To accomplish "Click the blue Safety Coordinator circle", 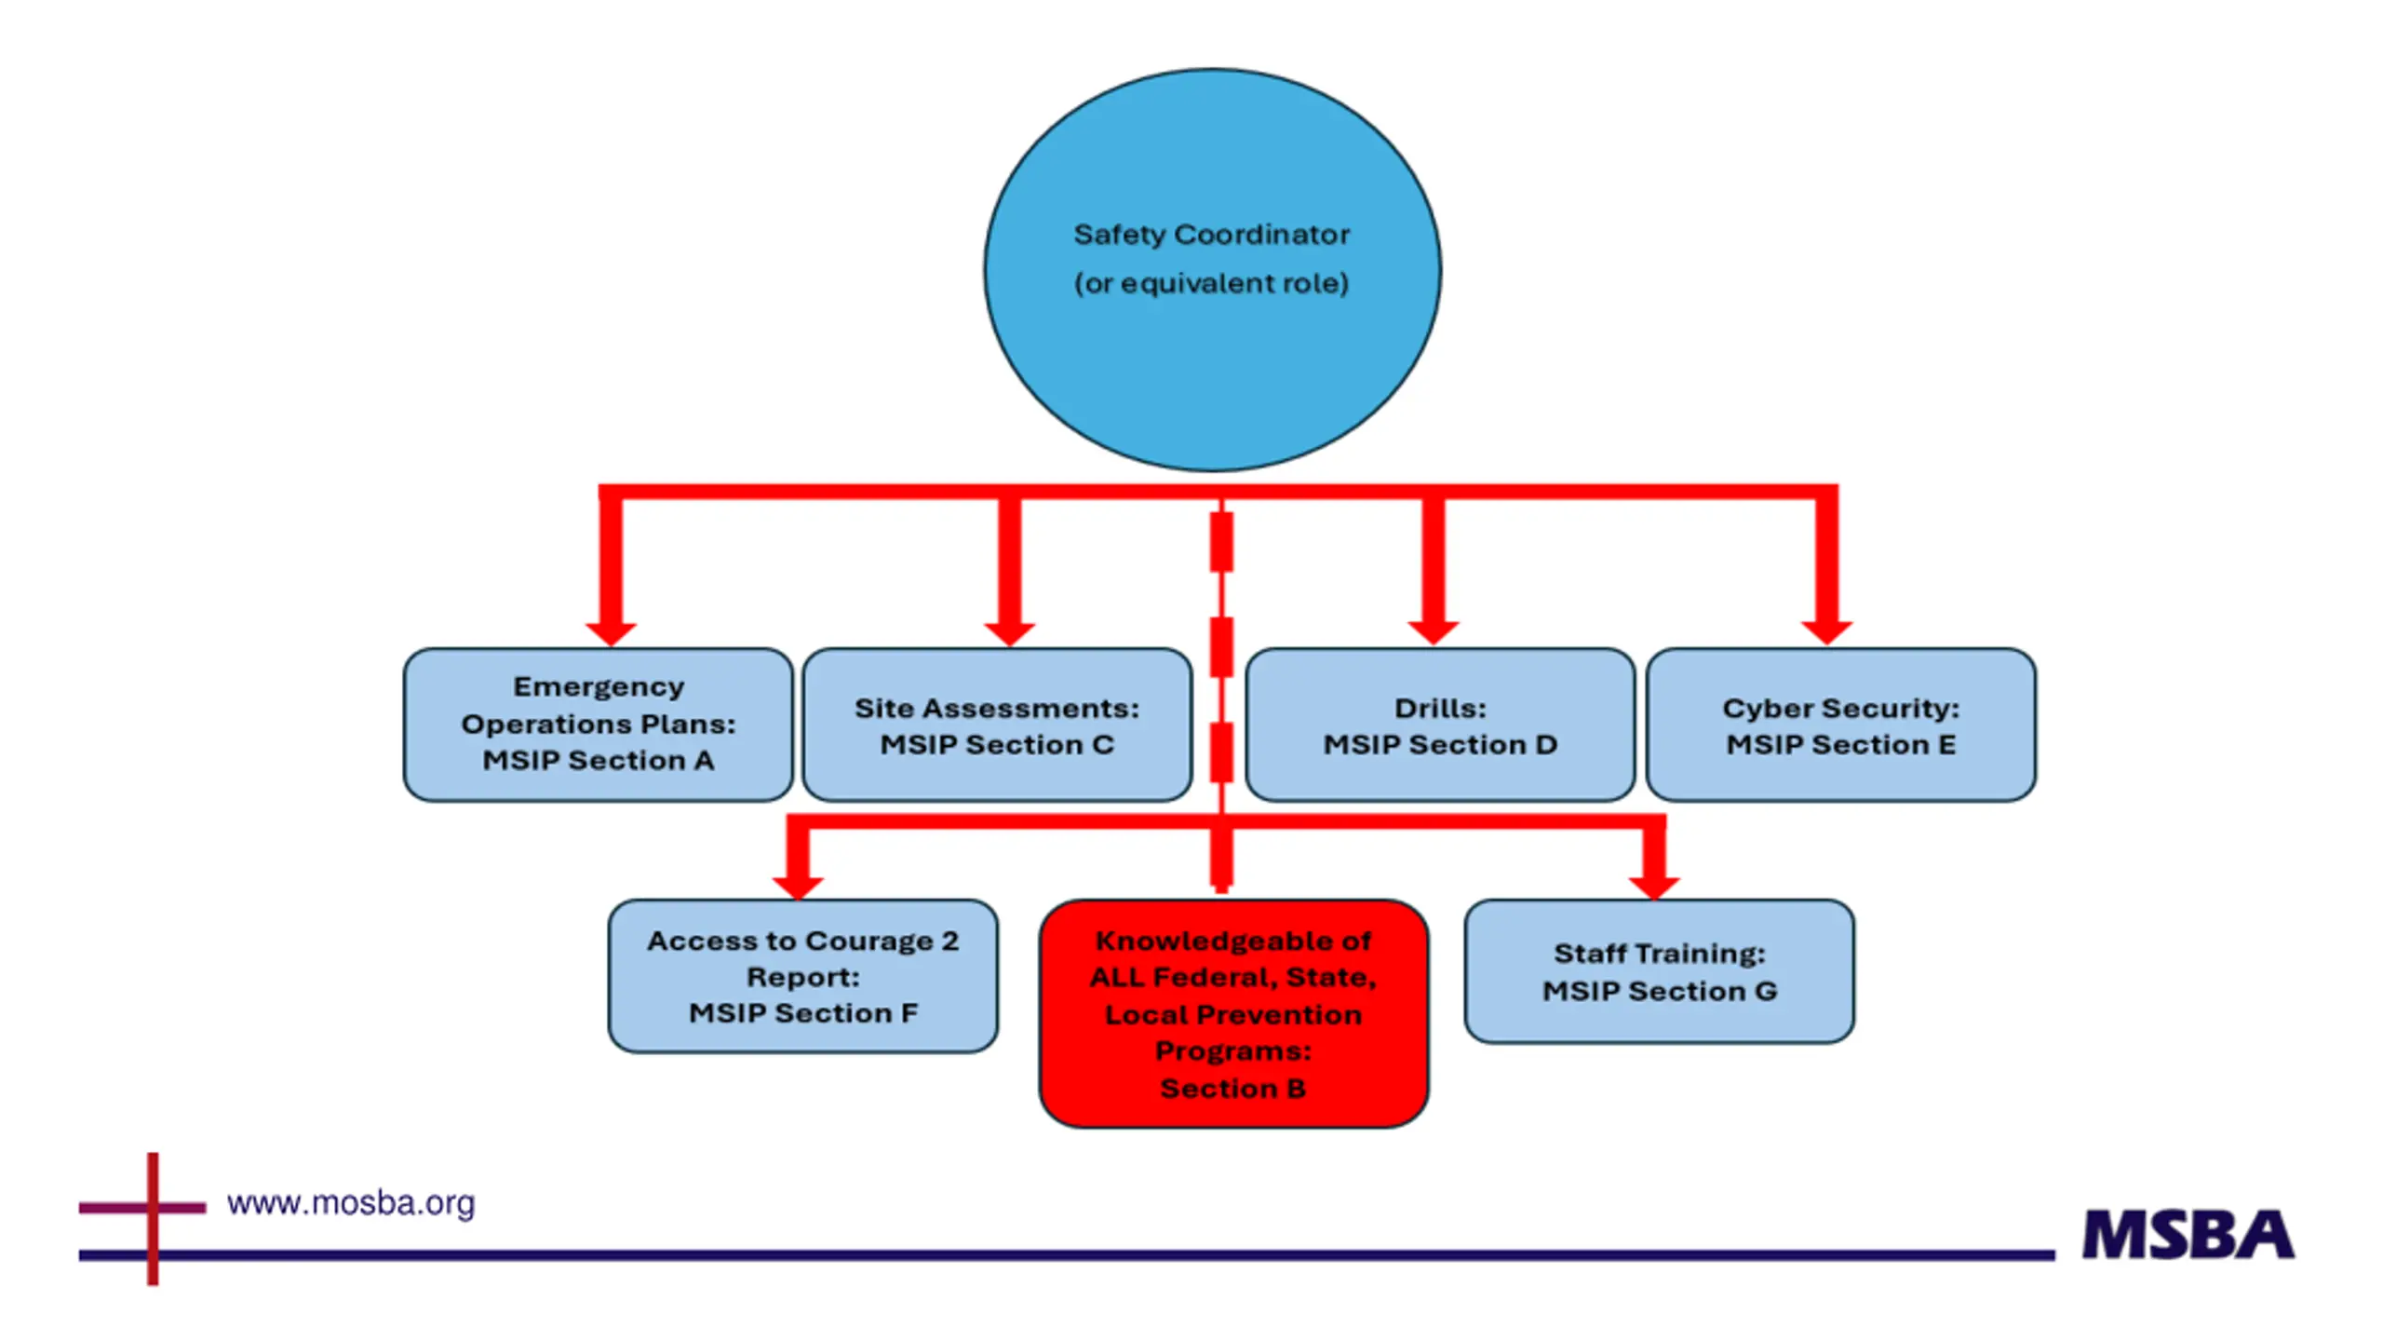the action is (x=1213, y=270).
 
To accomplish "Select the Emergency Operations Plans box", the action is (x=598, y=725).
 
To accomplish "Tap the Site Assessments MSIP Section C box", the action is (x=997, y=725).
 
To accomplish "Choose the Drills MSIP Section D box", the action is (x=1440, y=725).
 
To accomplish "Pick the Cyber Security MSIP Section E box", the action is (x=1840, y=725).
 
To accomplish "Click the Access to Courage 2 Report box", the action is (x=802, y=976).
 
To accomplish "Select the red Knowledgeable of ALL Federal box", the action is (x=1233, y=1013).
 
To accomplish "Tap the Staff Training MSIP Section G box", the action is (x=1659, y=971).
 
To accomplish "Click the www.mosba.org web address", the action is (x=351, y=1203).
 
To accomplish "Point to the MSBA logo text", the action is (x=2188, y=1235).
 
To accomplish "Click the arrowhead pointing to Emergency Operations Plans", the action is (x=611, y=633).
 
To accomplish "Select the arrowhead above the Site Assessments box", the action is (x=1009, y=633).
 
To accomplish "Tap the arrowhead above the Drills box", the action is (x=1434, y=633).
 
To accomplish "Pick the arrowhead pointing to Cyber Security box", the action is (x=1826, y=633).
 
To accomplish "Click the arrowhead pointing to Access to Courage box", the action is (x=798, y=887).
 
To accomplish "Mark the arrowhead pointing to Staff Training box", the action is (x=1654, y=887).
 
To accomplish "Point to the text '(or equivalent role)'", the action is (x=1211, y=283).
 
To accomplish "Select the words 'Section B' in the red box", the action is (x=1233, y=1088).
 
